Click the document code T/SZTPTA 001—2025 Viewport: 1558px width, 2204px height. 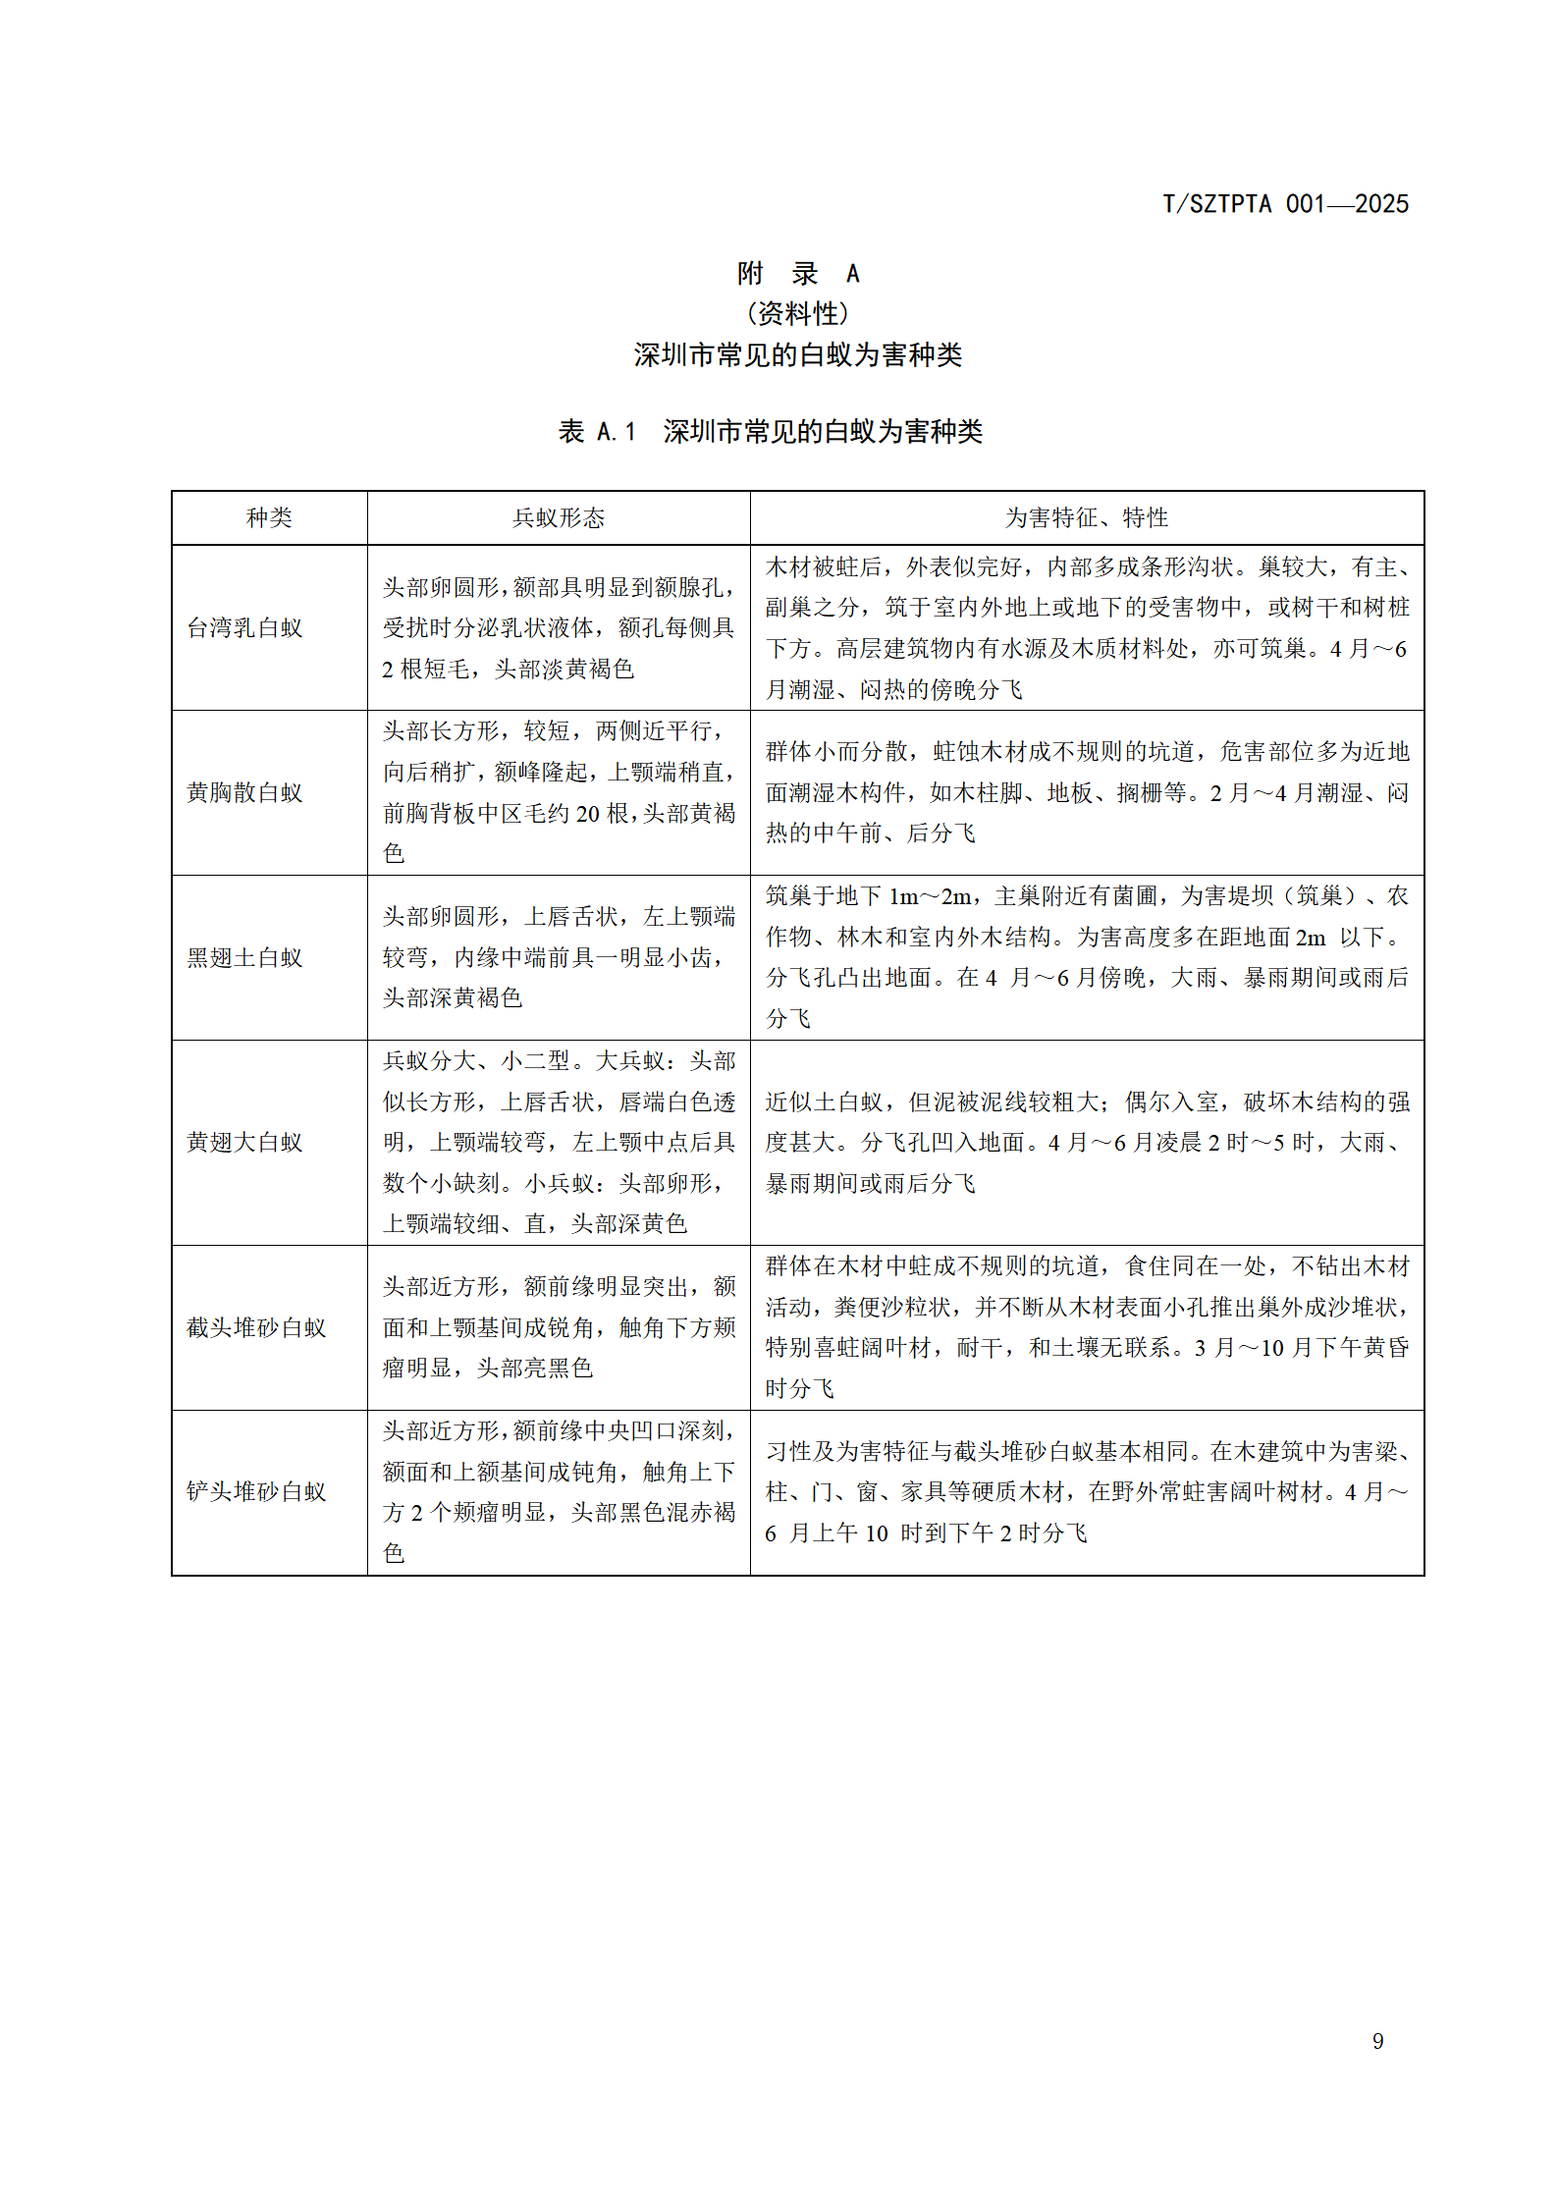pos(1285,204)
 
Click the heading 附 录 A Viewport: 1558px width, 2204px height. pos(797,273)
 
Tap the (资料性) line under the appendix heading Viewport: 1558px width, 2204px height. pos(797,314)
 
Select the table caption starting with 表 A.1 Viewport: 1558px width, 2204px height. pos(770,431)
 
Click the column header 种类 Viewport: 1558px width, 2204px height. pos(269,517)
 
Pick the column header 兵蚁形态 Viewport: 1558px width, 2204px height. pos(559,517)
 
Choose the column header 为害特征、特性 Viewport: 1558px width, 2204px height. pos(1086,517)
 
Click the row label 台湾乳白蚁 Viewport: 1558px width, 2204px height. pos(244,627)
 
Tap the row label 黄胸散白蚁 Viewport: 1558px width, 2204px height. pos(244,792)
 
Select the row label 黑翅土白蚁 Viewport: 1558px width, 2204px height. pos(244,957)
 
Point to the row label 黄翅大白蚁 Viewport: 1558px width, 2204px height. pos(244,1142)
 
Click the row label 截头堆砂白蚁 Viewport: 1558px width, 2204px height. pos(255,1327)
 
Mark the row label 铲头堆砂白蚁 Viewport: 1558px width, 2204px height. pos(255,1491)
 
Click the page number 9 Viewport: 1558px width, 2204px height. pos(1377,2041)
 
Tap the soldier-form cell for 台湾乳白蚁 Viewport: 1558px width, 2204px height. pos(559,628)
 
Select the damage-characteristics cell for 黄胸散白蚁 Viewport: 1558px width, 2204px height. pos(1086,792)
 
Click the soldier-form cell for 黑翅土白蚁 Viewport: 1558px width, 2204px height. pos(559,957)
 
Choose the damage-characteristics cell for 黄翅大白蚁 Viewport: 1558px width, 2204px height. pos(1086,1142)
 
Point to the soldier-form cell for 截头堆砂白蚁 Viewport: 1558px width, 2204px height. pos(559,1327)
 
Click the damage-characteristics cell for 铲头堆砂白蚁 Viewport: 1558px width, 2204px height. pos(1086,1491)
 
